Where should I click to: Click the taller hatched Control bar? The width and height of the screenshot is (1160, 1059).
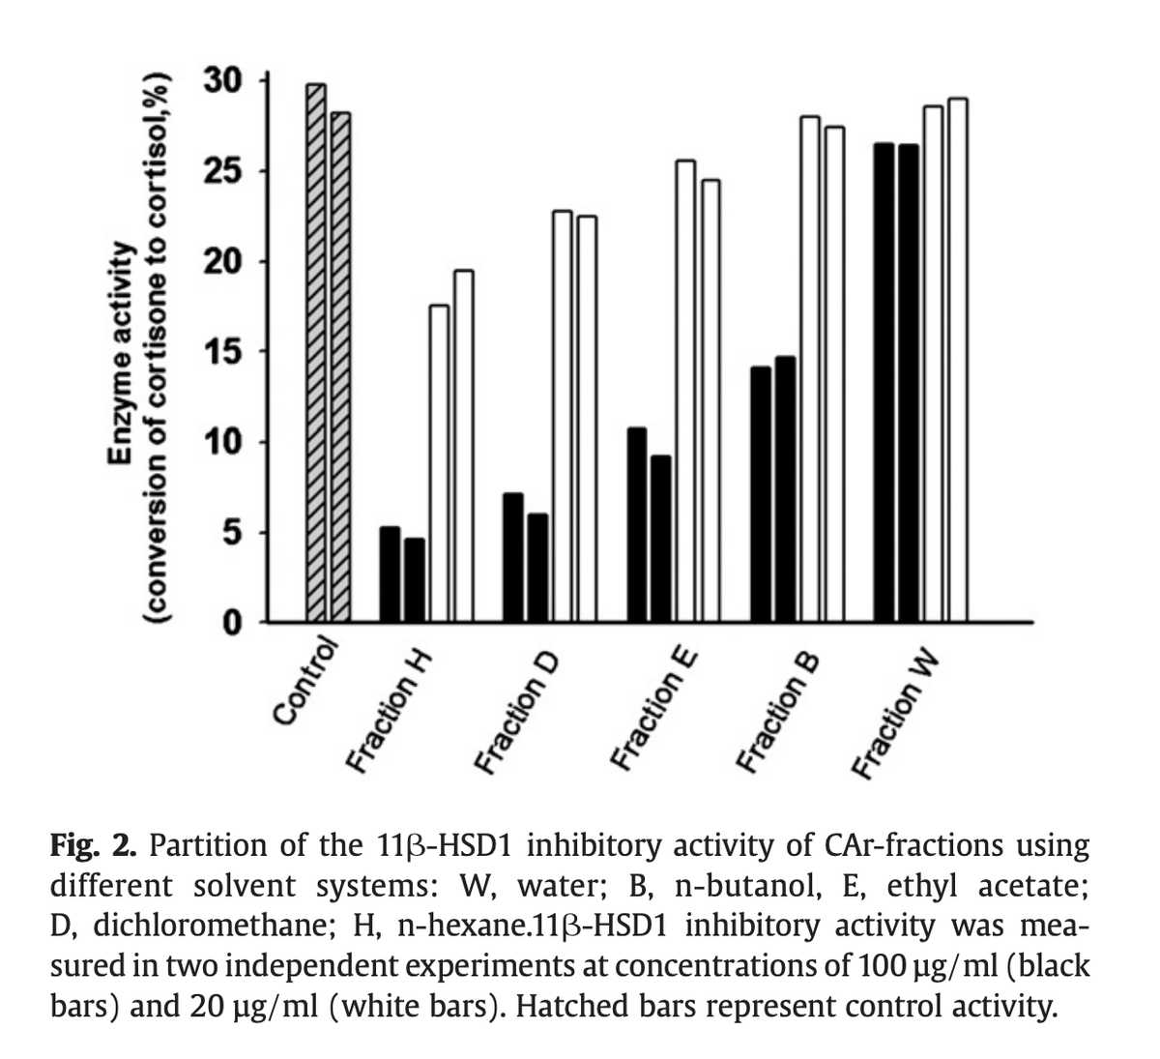point(315,352)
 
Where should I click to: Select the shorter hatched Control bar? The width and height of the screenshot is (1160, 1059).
point(340,367)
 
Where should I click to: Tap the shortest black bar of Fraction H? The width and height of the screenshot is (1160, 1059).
point(414,579)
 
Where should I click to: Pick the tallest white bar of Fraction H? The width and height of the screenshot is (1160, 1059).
point(463,445)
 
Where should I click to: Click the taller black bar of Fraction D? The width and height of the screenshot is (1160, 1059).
point(513,557)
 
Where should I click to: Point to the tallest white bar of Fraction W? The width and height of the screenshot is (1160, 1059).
point(958,359)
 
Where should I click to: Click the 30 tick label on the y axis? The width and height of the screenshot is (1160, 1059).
point(225,80)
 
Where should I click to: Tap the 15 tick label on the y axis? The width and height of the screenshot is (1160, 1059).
point(225,352)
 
